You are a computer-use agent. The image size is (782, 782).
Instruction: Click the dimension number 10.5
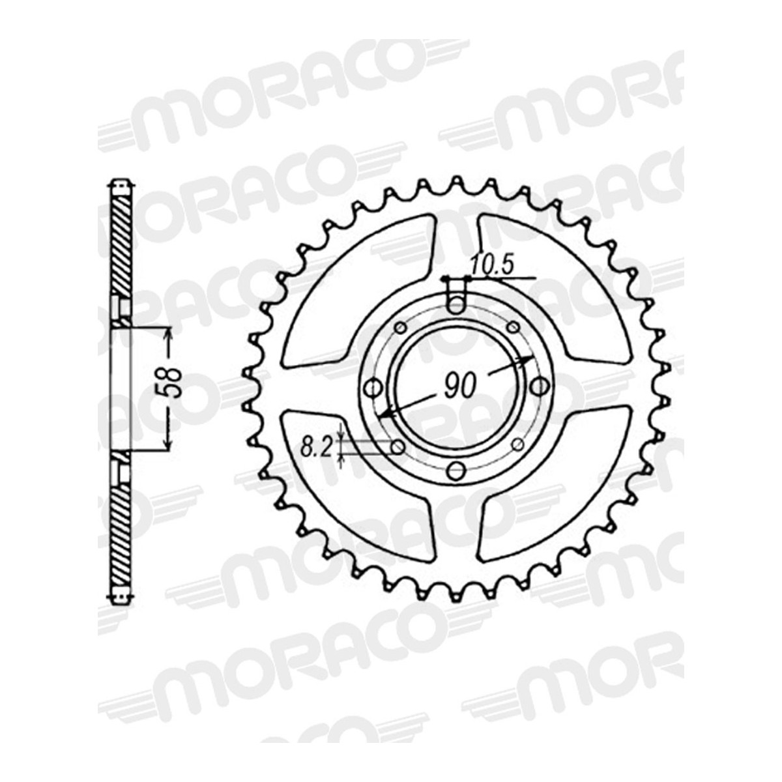coord(493,266)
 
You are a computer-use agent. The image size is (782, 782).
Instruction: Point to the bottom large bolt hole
coord(457,471)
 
